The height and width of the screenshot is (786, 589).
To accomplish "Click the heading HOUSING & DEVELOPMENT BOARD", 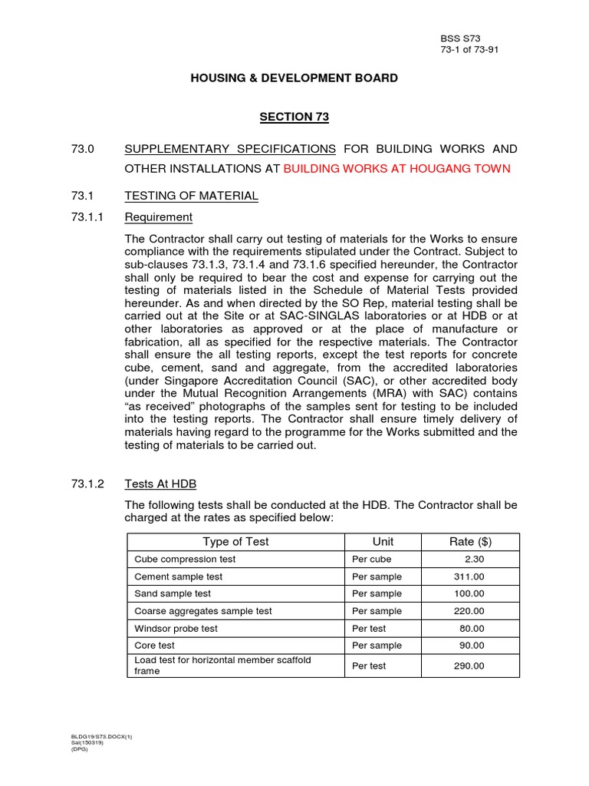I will pyautogui.click(x=294, y=78).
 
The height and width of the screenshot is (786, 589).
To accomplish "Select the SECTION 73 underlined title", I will pyautogui.click(x=294, y=117).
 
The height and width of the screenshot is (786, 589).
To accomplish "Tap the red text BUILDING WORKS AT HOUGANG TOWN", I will pyautogui.click(x=397, y=169).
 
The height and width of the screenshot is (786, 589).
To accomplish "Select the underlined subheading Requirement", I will pyautogui.click(x=158, y=216).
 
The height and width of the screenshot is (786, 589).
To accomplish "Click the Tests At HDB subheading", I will pyautogui.click(x=160, y=484).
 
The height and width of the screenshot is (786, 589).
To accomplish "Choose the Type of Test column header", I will pyautogui.click(x=235, y=542).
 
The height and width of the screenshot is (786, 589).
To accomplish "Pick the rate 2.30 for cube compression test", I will pyautogui.click(x=474, y=560).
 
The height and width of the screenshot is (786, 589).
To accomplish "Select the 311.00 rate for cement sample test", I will pyautogui.click(x=469, y=576).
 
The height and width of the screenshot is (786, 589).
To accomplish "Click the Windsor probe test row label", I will pyautogui.click(x=176, y=628).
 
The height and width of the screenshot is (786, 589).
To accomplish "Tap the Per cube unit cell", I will pyautogui.click(x=371, y=560).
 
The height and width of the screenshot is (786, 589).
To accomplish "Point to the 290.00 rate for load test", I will pyautogui.click(x=469, y=665).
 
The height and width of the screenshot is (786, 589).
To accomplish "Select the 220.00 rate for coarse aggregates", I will pyautogui.click(x=469, y=611).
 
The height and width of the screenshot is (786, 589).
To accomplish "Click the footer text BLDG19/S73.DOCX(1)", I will pyautogui.click(x=101, y=737).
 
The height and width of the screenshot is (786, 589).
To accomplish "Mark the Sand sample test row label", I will pyautogui.click(x=173, y=593).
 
